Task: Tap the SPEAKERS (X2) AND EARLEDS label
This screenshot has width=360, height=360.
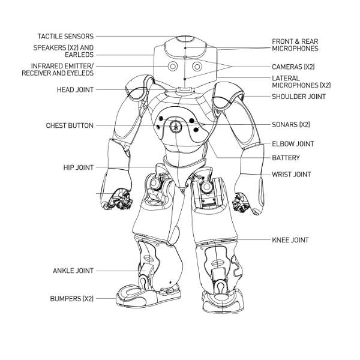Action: click(64, 51)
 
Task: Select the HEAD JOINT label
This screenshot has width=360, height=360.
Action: click(73, 89)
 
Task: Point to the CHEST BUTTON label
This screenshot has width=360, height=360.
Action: click(70, 126)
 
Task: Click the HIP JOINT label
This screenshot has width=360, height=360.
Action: click(78, 167)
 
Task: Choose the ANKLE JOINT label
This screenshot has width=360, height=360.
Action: click(73, 271)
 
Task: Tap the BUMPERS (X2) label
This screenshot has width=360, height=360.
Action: click(71, 298)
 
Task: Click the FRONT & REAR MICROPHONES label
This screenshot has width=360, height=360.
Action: click(295, 45)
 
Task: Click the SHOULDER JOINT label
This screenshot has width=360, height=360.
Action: click(298, 97)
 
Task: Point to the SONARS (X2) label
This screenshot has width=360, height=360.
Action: click(290, 125)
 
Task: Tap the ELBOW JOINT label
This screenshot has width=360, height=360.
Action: click(293, 144)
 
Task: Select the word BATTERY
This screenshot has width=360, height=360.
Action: click(286, 158)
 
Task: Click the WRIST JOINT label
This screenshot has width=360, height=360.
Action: click(292, 175)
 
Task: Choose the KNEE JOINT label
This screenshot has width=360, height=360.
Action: click(290, 240)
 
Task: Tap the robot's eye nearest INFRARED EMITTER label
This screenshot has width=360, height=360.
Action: click(172, 66)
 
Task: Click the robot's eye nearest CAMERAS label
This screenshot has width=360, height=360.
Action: click(198, 66)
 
